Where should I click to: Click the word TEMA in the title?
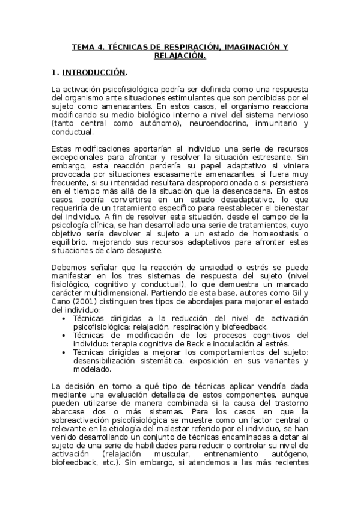[x=83, y=47]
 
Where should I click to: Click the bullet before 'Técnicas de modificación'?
[x=65, y=335]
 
